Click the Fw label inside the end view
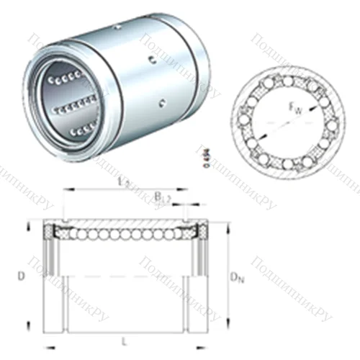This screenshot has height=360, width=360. coord(296,109)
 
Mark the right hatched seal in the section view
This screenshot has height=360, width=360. coord(202,232)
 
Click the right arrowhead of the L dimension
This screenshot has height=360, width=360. coord(209,333)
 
